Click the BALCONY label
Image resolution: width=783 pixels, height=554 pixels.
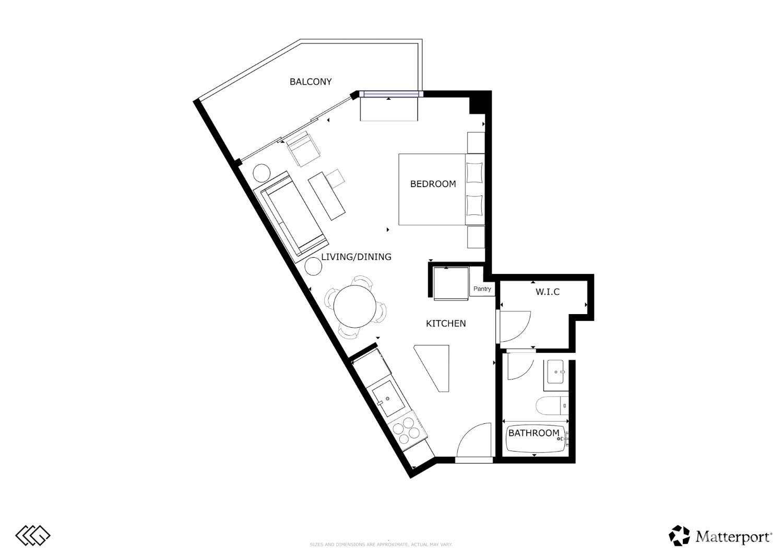click(x=311, y=82)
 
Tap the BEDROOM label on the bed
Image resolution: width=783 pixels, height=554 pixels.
click(x=433, y=184)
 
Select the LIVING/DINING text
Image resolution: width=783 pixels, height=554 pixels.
click(x=356, y=257)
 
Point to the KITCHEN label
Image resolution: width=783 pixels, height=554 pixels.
click(x=446, y=324)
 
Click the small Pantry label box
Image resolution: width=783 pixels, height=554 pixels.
click(x=482, y=289)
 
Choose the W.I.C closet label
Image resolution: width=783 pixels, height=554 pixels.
click(x=548, y=292)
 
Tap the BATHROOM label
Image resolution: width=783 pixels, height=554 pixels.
click(x=533, y=433)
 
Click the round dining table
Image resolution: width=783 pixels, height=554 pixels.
click(x=354, y=306)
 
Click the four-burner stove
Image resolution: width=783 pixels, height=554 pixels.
click(x=409, y=430)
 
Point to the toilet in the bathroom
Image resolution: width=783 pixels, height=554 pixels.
click(x=551, y=406)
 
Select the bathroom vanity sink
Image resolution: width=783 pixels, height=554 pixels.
click(x=557, y=373)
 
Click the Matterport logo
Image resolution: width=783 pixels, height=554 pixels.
click(x=720, y=536)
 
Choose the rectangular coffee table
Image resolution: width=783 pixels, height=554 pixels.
click(x=327, y=196)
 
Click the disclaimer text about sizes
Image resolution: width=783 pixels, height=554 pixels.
click(x=381, y=545)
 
